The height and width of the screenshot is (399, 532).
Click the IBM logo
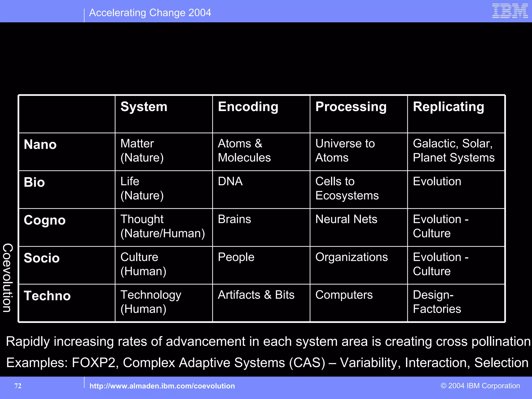[510, 11]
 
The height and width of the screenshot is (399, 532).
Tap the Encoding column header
[248, 107]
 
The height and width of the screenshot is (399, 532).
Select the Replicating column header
[448, 107]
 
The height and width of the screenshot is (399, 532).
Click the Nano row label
[40, 144]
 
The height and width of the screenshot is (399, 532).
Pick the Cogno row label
[45, 220]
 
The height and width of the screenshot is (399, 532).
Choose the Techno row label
[47, 296]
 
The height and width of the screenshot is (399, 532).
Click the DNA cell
[230, 181]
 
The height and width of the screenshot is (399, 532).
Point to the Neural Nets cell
[346, 219]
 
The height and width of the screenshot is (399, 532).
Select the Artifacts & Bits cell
[256, 295]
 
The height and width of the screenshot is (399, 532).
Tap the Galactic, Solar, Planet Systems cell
[454, 151]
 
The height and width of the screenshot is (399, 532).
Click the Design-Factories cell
[437, 302]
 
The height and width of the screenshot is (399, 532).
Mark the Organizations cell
[351, 257]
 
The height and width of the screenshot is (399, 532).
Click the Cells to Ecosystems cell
[347, 188]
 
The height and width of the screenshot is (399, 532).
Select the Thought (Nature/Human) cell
[163, 226]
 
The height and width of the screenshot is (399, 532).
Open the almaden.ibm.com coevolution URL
[162, 386]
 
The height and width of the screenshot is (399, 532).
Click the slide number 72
[18, 386]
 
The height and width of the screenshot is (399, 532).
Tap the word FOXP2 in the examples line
[94, 363]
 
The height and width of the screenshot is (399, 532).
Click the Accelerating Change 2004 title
[150, 13]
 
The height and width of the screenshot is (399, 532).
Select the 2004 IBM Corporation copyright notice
[480, 386]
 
